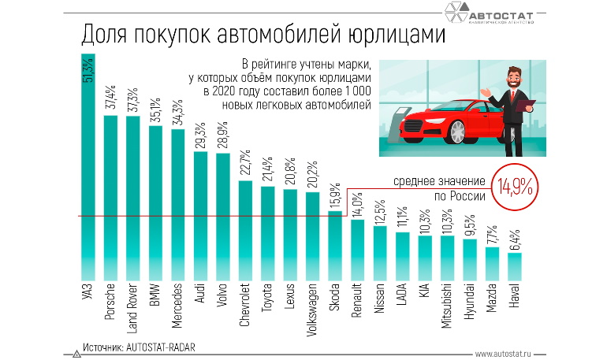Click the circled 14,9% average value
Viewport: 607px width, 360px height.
514,187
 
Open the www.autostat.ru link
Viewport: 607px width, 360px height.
508,354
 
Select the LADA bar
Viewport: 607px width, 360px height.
402,255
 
